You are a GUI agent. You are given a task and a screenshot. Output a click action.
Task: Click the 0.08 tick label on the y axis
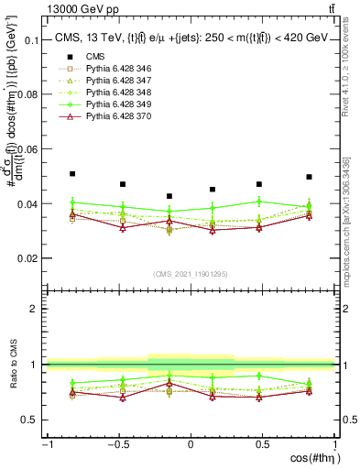(x=27, y=95)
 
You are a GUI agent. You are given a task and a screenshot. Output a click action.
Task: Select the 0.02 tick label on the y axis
(x=27, y=258)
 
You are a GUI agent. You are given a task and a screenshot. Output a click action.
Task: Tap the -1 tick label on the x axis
(x=46, y=444)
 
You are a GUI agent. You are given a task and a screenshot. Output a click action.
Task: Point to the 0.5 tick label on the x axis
(x=263, y=444)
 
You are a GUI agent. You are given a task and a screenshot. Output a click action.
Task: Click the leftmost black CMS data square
(x=72, y=173)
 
